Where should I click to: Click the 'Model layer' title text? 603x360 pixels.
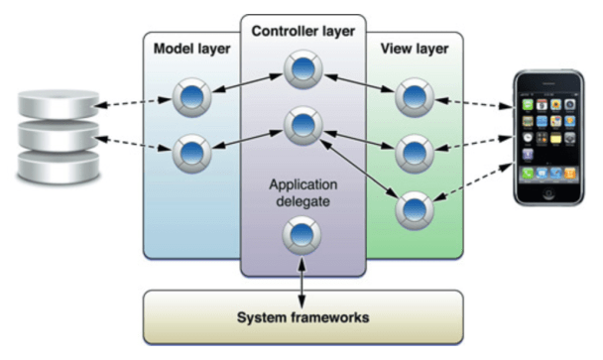192,49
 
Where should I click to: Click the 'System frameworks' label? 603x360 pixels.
302,317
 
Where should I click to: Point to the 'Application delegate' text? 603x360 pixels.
301,192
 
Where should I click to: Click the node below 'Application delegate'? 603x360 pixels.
301,236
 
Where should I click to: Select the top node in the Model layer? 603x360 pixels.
189,97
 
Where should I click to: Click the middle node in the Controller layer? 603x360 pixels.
301,125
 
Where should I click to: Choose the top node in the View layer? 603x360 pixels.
412,97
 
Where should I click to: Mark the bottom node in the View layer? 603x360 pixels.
412,209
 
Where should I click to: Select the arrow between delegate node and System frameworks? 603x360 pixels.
301,272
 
